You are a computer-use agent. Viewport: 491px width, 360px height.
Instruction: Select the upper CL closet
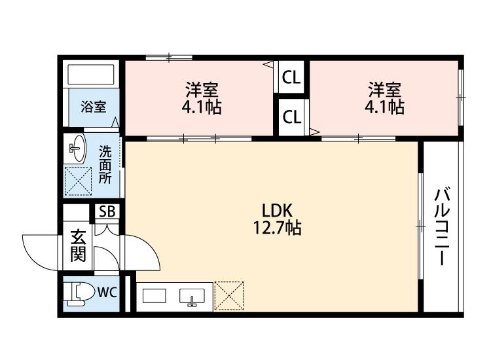(x=291, y=78)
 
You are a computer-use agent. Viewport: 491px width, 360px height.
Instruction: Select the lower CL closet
(x=291, y=117)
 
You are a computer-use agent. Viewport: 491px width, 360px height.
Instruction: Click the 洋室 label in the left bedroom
(x=201, y=88)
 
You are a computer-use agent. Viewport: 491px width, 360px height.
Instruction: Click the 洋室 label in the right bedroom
(x=384, y=88)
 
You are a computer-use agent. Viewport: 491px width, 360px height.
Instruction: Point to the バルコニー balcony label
(x=443, y=226)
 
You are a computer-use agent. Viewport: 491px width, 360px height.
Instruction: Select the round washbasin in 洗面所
(x=77, y=149)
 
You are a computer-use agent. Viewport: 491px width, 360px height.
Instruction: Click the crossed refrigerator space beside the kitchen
(x=229, y=295)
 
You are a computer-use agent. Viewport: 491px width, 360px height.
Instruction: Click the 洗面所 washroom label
(x=105, y=163)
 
